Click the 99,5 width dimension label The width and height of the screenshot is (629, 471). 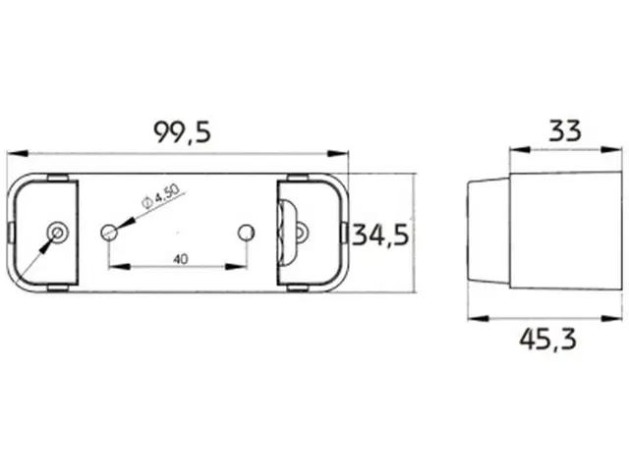tap(183, 132)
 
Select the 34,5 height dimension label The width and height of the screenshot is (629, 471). tap(380, 235)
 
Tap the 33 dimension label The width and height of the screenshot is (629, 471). tap(565, 131)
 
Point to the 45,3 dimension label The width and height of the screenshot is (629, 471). tap(548, 340)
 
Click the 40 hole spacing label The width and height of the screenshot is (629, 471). tap(181, 259)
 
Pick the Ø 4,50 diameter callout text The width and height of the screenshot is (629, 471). tap(160, 196)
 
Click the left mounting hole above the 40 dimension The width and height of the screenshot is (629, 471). tap(109, 233)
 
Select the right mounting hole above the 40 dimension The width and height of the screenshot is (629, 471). tap(246, 233)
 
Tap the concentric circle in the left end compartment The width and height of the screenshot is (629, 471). tap(58, 233)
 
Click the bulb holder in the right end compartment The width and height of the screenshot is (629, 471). tap(293, 233)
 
